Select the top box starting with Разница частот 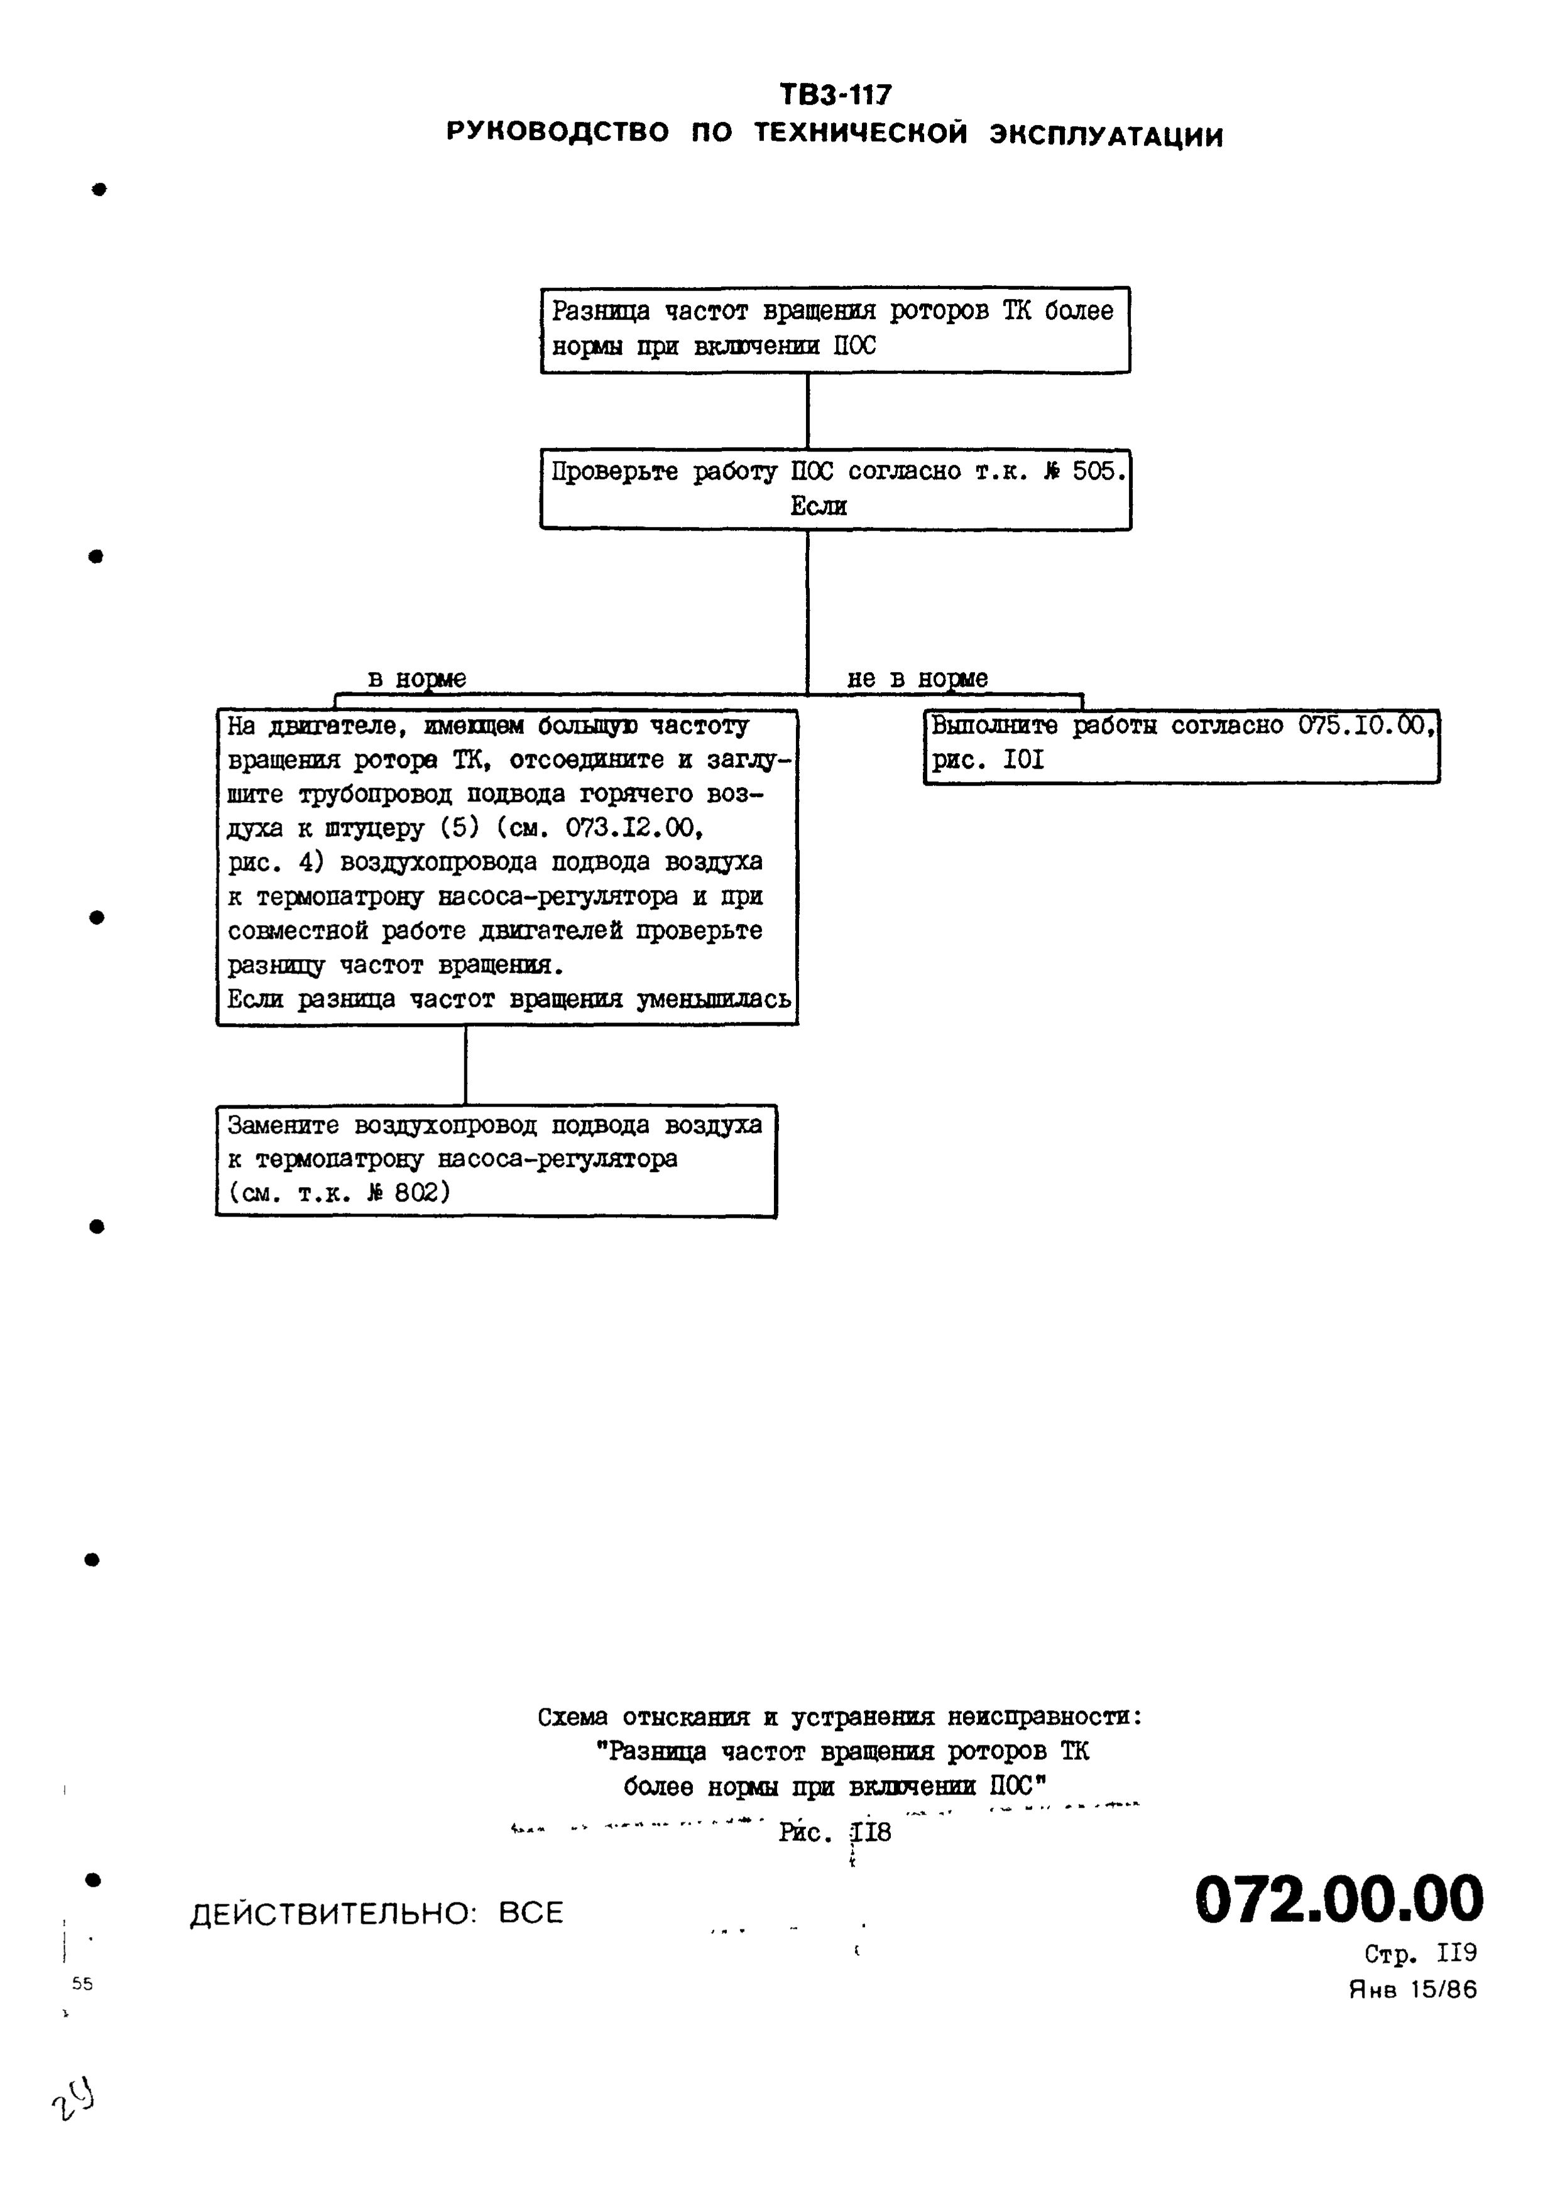coord(834,329)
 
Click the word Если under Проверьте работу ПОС coord(818,506)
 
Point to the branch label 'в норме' coord(417,678)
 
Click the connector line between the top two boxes coord(807,411)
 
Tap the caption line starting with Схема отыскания coord(839,1717)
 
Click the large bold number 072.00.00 coord(1339,1899)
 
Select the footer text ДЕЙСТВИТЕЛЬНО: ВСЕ coord(376,1913)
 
